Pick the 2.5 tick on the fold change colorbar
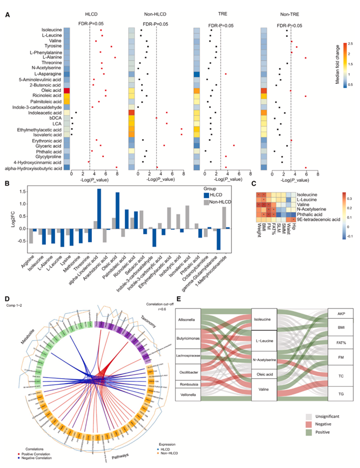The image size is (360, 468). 350,43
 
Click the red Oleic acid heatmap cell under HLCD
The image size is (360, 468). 67,90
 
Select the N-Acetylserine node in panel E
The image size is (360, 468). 265,345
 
